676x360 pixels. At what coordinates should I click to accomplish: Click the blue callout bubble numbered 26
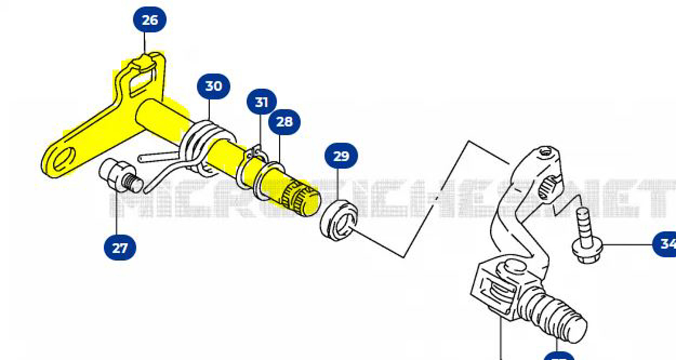(x=150, y=20)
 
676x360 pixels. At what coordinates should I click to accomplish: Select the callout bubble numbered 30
(x=213, y=86)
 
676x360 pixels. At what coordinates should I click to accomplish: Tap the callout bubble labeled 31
(x=261, y=102)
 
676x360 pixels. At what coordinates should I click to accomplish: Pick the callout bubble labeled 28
(x=284, y=122)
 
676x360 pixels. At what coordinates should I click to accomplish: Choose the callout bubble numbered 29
(x=341, y=156)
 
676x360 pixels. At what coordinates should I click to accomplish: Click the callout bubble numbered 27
(x=120, y=248)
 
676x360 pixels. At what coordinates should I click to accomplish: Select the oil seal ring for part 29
(x=339, y=219)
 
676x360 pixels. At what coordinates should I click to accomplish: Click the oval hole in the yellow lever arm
(x=65, y=158)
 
